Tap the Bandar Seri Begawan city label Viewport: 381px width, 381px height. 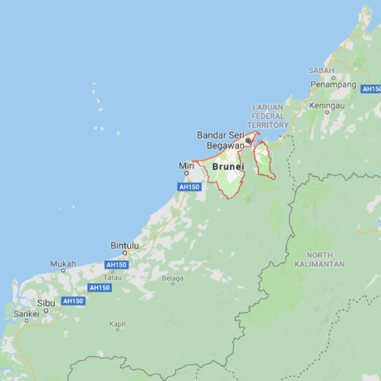pyautogui.click(x=220, y=140)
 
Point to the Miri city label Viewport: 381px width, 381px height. pyautogui.click(x=186, y=165)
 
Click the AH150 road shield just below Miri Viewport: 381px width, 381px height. pyautogui.click(x=189, y=187)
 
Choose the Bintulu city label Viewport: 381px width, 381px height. pyautogui.click(x=125, y=246)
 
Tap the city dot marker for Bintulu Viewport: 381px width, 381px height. pyautogui.click(x=125, y=253)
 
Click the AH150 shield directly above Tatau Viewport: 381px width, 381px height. pyautogui.click(x=116, y=265)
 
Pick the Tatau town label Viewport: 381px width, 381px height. pyautogui.click(x=112, y=276)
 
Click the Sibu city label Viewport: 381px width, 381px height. pyautogui.click(x=46, y=304)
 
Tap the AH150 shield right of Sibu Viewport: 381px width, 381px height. pyautogui.click(x=73, y=300)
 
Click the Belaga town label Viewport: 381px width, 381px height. pyautogui.click(x=173, y=278)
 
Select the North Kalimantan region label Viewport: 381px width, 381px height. pyautogui.click(x=319, y=259)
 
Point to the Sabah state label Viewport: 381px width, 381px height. pyautogui.click(x=321, y=71)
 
